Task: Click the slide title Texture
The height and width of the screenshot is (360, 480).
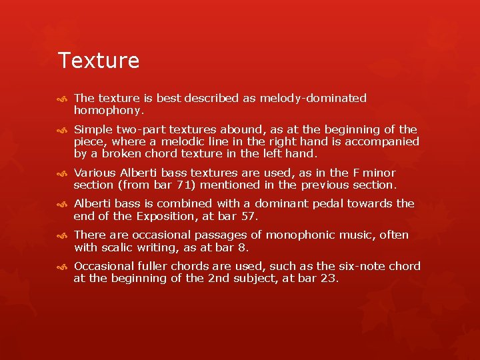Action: click(99, 61)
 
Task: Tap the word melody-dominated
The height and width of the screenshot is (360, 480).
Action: click(313, 99)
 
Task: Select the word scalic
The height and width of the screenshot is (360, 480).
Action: click(118, 247)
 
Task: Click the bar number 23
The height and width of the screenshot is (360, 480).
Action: click(327, 279)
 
